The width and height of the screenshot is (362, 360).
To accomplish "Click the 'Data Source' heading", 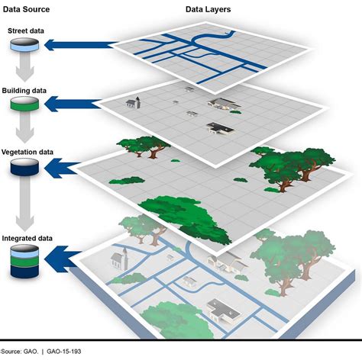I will coord(27,10).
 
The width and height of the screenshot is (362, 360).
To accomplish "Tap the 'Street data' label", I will coord(27,31).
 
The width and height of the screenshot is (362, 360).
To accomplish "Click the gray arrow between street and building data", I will coord(24,72).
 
